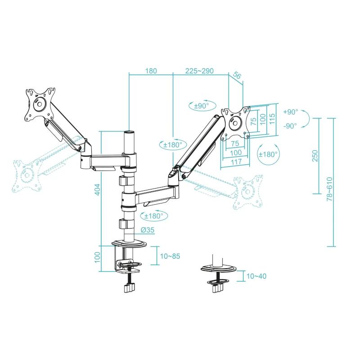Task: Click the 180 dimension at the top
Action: [x=151, y=71]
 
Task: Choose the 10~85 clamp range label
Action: [x=170, y=256]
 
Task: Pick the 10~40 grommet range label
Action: [x=256, y=276]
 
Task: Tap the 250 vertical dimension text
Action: [x=315, y=156]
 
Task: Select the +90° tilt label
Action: [x=291, y=112]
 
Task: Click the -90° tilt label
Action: [x=290, y=126]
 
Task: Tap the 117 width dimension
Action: [x=236, y=162]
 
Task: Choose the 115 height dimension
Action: [x=272, y=119]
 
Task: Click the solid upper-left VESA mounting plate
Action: [x=40, y=104]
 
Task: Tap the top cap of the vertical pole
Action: [x=129, y=132]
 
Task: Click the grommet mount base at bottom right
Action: [x=218, y=269]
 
